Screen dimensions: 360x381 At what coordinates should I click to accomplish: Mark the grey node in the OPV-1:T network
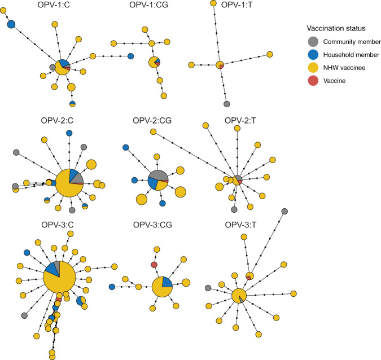click(x=226, y=104)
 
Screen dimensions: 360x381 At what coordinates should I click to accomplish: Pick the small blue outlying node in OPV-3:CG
click(x=112, y=287)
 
